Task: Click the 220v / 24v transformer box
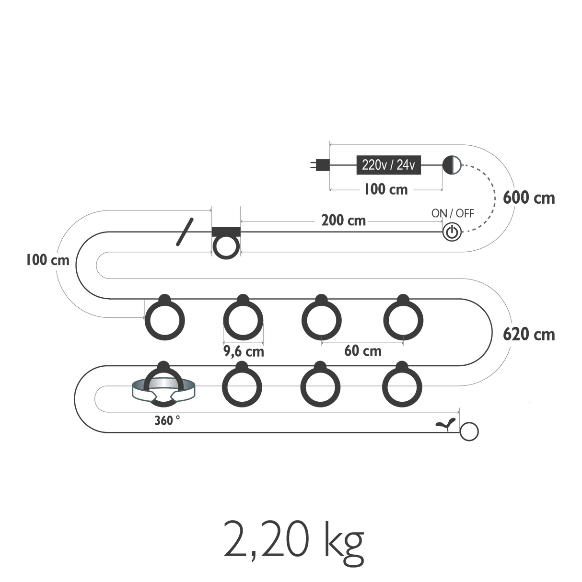pos(388,165)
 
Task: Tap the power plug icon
pos(318,165)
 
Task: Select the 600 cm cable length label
pos(529,198)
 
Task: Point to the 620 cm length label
pos(529,335)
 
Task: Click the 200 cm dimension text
pos(344,221)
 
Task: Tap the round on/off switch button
pos(452,232)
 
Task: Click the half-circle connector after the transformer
pos(452,165)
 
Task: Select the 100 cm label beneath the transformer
pos(386,190)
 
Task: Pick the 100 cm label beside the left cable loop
pos(48,261)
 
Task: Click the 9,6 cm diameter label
pos(244,352)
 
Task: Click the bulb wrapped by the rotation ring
pos(163,386)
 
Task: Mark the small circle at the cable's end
pos(469,431)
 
